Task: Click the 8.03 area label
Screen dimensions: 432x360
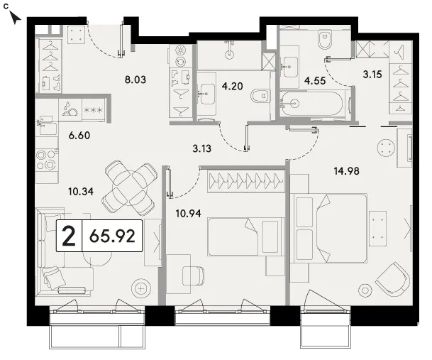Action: [x=135, y=80]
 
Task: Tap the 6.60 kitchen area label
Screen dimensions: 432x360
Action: [x=79, y=136]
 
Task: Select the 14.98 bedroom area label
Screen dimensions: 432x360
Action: [x=347, y=171]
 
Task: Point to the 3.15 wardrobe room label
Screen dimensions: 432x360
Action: [x=372, y=75]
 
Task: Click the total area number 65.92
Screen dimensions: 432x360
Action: [x=112, y=236]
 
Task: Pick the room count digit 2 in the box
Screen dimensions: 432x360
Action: [x=69, y=236]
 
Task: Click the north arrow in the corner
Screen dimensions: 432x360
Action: [x=15, y=17]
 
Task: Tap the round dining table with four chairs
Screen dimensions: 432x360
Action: [x=130, y=188]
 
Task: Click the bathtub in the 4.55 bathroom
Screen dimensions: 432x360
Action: [x=311, y=104]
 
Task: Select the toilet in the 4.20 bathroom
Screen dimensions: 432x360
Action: [x=260, y=96]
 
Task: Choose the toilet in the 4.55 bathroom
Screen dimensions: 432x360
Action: [x=324, y=40]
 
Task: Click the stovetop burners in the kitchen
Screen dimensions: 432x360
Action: [x=46, y=160]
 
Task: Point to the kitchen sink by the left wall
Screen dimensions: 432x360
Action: [x=47, y=126]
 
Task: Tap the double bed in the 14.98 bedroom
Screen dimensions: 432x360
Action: [x=331, y=229]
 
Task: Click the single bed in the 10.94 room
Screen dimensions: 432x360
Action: [x=246, y=236]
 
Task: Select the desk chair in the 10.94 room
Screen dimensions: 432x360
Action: [x=193, y=276]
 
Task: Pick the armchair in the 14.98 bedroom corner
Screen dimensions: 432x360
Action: [x=393, y=279]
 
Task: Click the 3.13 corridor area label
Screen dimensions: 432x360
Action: [x=202, y=148]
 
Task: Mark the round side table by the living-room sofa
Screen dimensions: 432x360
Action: [x=141, y=289]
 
